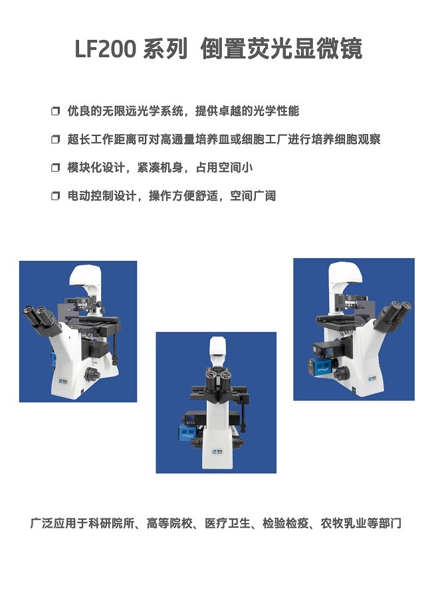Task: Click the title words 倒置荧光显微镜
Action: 281,49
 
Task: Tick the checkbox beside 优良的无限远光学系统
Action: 56,112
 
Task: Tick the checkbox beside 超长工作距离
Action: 56,139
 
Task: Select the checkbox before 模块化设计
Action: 56,168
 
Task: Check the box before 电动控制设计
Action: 56,196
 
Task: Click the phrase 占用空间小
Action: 224,168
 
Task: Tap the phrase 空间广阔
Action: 253,196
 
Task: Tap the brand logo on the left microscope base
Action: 64,379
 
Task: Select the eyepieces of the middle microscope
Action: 219,376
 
